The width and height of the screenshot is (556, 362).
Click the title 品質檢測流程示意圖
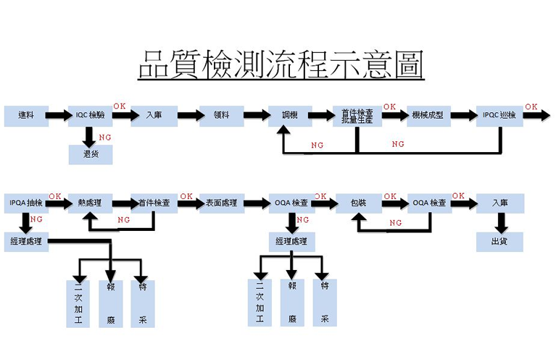281,64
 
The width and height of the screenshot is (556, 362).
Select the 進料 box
26,115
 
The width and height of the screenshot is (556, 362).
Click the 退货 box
91,153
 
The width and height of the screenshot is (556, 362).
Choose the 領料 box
222,115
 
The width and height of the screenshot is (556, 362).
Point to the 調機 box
289,115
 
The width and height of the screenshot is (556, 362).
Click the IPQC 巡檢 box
499,115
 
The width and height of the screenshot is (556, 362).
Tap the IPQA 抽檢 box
26,203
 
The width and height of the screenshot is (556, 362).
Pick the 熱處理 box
90,203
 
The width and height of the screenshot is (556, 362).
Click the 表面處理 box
223,203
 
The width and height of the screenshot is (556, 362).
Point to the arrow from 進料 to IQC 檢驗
59,115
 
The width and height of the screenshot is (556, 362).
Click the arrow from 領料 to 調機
256,115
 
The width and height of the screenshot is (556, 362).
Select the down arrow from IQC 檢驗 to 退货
91,135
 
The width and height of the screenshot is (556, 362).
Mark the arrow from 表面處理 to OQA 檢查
257,203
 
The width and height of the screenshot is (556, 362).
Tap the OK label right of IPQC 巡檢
531,107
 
